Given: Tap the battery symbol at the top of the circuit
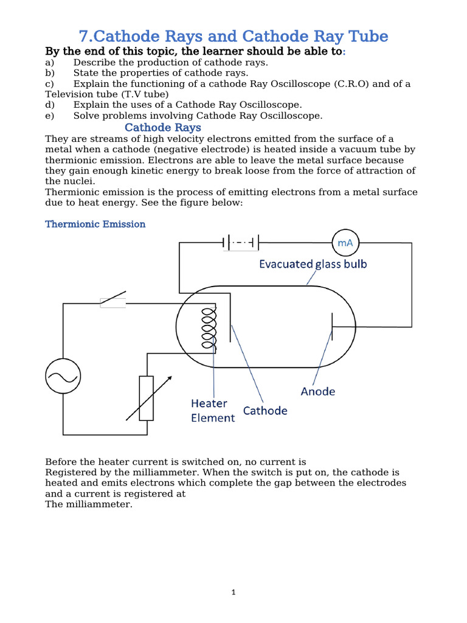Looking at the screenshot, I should point(241,243).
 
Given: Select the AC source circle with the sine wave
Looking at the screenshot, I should point(63,376).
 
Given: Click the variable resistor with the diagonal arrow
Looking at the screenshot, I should point(147,398).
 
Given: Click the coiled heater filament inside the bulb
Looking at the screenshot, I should point(208,327).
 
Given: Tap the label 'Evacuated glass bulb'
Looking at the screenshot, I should point(313,264).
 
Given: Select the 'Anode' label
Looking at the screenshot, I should point(317,391).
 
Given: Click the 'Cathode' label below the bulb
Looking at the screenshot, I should point(265,411).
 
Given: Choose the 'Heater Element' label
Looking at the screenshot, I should point(212,411).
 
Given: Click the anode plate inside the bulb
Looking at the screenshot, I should point(332,327).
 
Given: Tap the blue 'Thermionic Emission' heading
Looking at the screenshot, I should point(95,224).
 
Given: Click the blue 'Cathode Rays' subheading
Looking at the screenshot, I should point(162,127).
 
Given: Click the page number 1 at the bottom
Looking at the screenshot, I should point(233,593).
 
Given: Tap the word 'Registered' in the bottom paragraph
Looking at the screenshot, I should point(70,472).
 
